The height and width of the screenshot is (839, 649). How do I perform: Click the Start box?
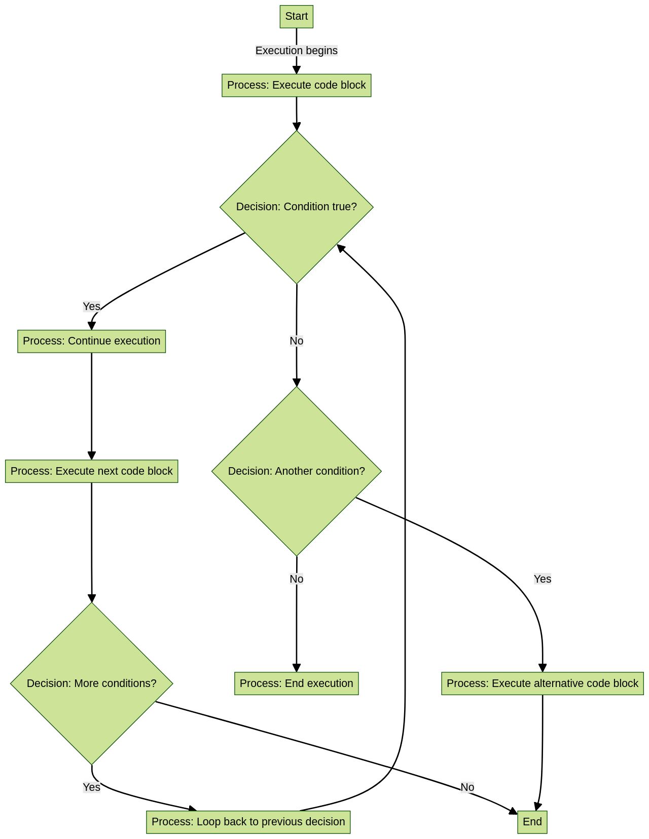296,16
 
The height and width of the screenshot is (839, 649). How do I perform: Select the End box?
532,821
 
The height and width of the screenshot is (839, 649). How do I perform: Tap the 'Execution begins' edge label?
296,51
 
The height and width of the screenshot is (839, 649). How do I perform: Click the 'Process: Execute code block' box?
296,85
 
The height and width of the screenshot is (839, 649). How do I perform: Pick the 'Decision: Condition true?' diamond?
296,207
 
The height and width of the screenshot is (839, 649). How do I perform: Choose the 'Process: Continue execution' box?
91,341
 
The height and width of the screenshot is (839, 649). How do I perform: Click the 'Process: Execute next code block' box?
91,471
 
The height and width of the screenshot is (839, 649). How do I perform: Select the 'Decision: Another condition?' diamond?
296,471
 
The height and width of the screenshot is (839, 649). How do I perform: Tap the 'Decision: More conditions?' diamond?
91,683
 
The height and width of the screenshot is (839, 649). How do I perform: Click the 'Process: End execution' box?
296,683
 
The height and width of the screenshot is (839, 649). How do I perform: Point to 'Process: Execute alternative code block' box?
542,683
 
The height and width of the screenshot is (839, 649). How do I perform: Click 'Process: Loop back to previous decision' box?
248,821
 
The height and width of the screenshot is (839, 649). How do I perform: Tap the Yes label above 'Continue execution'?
91,307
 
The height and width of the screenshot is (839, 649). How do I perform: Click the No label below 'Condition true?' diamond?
296,341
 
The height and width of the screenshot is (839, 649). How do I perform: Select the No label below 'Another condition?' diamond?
296,579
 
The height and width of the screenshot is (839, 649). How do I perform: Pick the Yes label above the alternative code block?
542,579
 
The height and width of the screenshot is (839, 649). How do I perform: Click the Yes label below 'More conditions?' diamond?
91,787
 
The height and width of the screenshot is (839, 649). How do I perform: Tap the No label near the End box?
467,787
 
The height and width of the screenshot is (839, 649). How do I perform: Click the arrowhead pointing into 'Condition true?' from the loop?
341,248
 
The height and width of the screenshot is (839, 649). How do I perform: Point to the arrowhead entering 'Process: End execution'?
296,668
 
